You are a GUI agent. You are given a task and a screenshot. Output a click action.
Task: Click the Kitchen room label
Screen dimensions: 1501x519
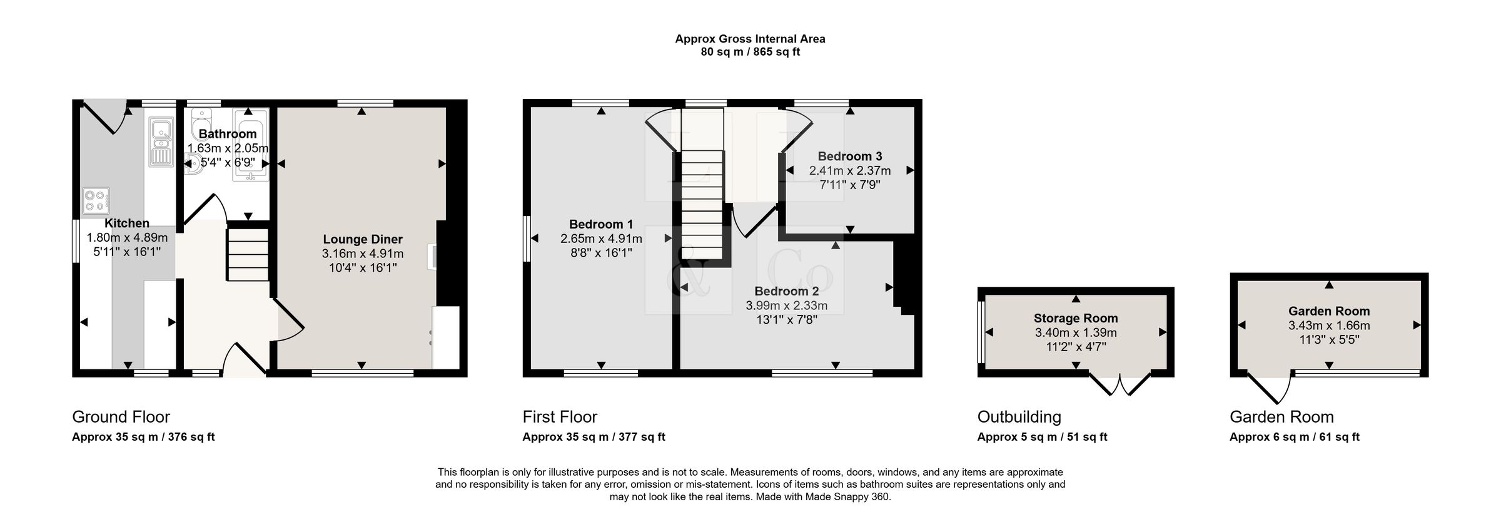point(127,223)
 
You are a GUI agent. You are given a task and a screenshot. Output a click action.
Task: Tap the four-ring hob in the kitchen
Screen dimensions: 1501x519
point(96,200)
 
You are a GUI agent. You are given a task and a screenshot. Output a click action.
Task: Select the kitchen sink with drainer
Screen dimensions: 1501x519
point(161,143)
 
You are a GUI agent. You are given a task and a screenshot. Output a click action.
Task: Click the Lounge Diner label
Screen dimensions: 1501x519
point(363,239)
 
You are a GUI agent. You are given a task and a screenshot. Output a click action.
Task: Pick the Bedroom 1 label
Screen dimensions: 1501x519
point(601,224)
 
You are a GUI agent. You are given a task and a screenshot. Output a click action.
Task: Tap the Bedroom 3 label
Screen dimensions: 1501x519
point(850,156)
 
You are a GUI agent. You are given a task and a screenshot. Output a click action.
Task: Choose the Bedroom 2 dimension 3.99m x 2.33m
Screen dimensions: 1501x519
point(787,306)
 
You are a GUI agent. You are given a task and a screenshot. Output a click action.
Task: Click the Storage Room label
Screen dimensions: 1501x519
point(1076,318)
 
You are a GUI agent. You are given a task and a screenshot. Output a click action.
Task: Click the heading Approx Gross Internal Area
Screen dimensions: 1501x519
point(750,39)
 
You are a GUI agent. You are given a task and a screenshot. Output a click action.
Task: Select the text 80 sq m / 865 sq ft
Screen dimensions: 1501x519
point(750,52)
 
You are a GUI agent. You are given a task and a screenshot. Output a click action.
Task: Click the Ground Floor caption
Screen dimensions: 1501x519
point(121,417)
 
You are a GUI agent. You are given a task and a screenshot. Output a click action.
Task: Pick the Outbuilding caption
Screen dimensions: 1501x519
point(1019,417)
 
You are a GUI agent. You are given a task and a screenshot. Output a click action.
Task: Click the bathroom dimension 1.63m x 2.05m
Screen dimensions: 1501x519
point(228,148)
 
